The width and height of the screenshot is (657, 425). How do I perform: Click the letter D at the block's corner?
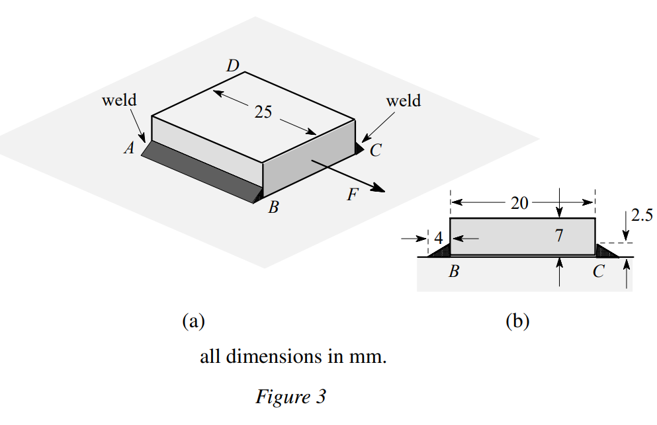click(x=233, y=65)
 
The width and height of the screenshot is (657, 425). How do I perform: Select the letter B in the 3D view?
click(x=273, y=208)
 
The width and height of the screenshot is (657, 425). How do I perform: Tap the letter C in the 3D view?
click(x=375, y=151)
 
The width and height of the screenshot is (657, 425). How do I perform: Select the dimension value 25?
click(x=263, y=112)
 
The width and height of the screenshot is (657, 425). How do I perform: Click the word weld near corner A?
click(x=119, y=100)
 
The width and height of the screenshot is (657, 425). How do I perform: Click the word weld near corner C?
click(x=403, y=100)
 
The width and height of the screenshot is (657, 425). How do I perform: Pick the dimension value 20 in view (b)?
click(x=519, y=203)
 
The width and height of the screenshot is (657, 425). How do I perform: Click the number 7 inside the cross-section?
click(x=559, y=235)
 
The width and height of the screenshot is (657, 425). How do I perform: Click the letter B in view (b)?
click(x=454, y=272)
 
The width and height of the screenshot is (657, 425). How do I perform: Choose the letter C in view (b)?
click(x=598, y=272)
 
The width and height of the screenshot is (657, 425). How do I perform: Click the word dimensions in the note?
click(x=271, y=357)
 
